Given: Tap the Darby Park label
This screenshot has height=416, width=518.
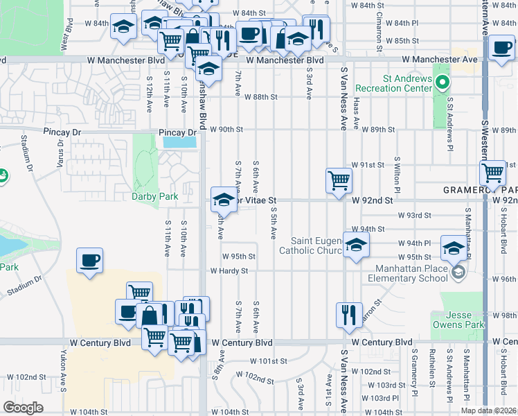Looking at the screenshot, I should pyautogui.click(x=155, y=196).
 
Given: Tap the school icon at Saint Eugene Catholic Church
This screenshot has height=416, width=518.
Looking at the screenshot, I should pyautogui.click(x=356, y=245).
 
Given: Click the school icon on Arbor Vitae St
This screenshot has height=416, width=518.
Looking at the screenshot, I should pyautogui.click(x=223, y=200).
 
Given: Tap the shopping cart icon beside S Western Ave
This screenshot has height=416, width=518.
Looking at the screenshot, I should pyautogui.click(x=493, y=173).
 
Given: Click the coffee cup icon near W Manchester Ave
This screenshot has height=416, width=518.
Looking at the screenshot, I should pyautogui.click(x=501, y=48).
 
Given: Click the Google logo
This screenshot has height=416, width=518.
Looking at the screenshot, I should pyautogui.click(x=24, y=408).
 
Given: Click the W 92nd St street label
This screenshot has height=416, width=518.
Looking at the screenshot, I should pyautogui.click(x=372, y=200).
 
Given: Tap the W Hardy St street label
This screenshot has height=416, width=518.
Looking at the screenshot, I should pyautogui.click(x=229, y=271).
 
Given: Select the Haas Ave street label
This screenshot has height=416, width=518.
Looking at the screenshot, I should pyautogui.click(x=357, y=114).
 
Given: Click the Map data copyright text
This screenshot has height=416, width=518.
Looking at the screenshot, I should pyautogui.click(x=489, y=410).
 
